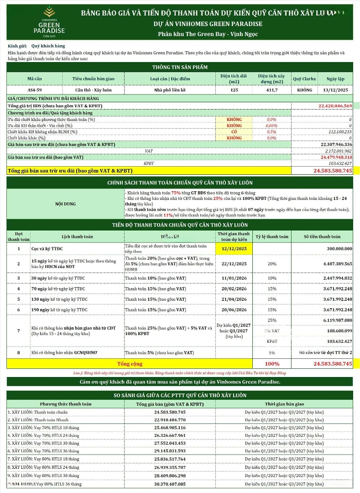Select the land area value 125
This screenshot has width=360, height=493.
234,90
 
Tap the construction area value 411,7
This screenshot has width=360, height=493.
271,90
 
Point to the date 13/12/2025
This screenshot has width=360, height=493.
335,90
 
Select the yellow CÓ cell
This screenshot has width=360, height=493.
234,132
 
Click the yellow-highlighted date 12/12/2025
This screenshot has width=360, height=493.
234,249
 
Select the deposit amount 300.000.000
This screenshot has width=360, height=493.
336,249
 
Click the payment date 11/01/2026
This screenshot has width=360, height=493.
234,278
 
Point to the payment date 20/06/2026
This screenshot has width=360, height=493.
234,309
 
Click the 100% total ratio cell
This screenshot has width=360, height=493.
272,364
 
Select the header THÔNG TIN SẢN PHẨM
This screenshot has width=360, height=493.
180,67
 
